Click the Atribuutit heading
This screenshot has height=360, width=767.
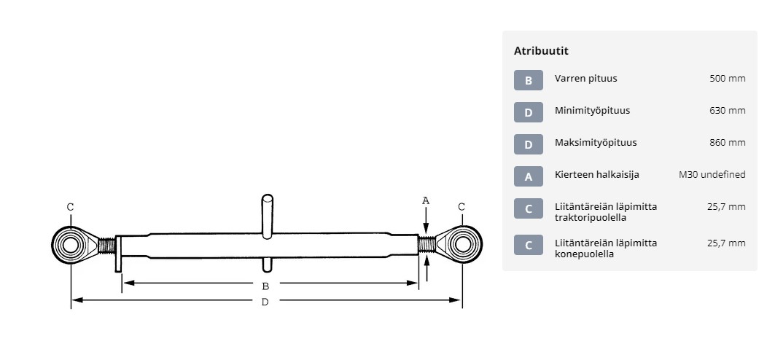tap(541, 51)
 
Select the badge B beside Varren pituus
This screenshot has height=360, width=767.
tap(529, 80)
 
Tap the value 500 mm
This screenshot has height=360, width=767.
tap(728, 78)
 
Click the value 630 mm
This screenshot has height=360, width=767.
tap(728, 111)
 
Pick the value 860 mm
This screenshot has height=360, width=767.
tap(728, 143)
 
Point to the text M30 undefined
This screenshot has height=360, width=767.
tap(712, 175)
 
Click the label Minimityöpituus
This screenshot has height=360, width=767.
tap(592, 111)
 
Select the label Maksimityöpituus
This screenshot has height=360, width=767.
tap(596, 143)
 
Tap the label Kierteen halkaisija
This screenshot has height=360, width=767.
tap(597, 175)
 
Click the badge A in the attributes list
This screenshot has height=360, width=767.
tap(529, 176)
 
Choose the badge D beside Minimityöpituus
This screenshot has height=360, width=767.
tap(529, 112)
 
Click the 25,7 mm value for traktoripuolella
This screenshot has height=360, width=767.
tap(726, 206)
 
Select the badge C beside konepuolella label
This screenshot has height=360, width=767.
tap(529, 245)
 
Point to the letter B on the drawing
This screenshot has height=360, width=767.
tap(265, 286)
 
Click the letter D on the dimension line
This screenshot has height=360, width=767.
tap(265, 302)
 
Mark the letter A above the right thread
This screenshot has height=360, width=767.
tap(426, 200)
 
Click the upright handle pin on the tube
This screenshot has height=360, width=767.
tap(267, 216)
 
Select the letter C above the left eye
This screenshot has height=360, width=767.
tap(71, 207)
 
